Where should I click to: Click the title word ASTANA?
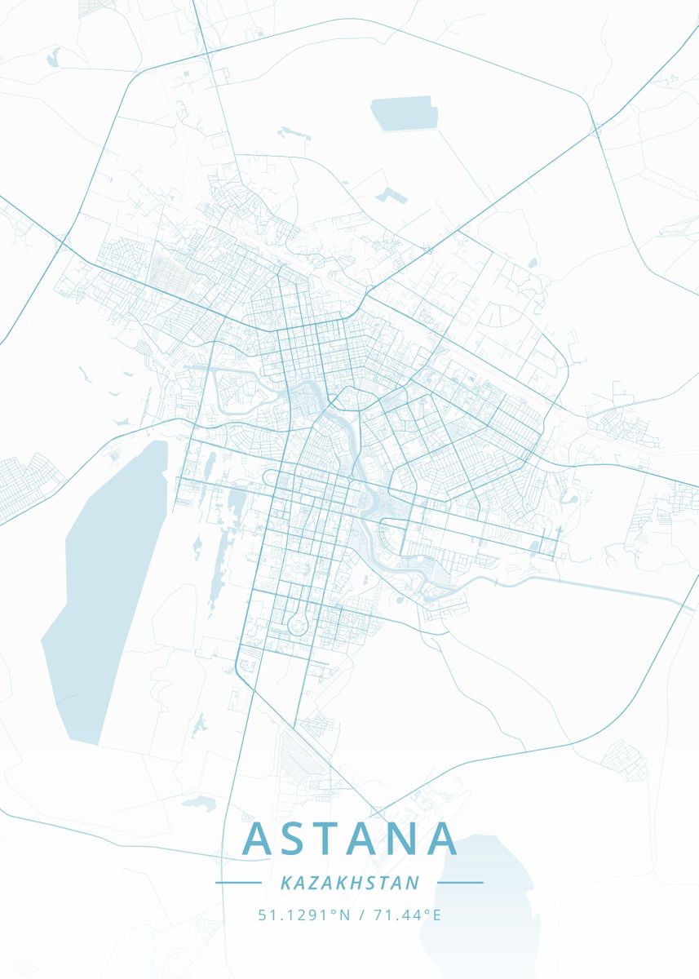pos(349,839)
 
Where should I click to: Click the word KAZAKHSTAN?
pos(349,883)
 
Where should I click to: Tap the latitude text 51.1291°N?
pos(303,915)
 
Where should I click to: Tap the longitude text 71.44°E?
pos(407,915)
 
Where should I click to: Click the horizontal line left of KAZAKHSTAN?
pos(237,883)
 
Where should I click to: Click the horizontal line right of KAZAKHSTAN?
pos(460,883)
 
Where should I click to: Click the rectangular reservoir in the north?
pos(405,113)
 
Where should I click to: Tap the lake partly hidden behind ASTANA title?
pos(481,897)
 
